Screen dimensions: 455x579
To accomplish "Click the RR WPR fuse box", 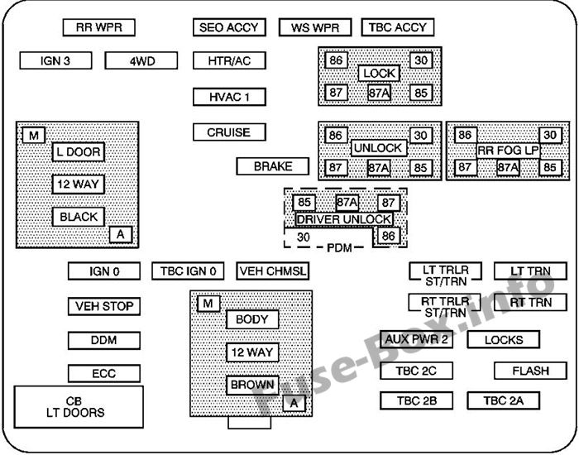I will coord(98,27).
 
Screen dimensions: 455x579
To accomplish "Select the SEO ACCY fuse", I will coord(229,27).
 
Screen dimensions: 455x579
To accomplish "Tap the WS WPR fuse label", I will coord(315,27).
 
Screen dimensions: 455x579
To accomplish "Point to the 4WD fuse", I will coord(141,60).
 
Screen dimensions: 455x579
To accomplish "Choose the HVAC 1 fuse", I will coord(229,96).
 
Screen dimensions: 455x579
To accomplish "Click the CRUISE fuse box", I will coord(229,132).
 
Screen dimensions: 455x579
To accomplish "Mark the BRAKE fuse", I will coord(273,166).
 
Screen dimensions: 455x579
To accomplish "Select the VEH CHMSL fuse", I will coord(272,271).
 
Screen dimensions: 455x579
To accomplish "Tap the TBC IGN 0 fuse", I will coord(189,271).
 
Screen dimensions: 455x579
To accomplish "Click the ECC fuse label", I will coord(103,373).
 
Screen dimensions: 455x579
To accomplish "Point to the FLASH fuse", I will coord(529,371).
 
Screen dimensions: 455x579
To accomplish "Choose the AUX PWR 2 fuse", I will coord(417,339).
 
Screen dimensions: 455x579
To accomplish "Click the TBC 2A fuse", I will coord(503,401).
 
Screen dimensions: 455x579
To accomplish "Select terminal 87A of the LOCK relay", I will coord(379,93).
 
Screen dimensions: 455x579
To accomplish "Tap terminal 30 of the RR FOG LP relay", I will coord(550,136).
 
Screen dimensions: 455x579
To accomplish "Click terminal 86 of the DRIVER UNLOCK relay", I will coord(387,237).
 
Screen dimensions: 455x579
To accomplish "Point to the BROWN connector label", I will coord(252,385).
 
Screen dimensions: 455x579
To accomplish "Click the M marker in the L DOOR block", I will coord(34,136).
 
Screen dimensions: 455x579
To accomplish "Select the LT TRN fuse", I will coord(529,271).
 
